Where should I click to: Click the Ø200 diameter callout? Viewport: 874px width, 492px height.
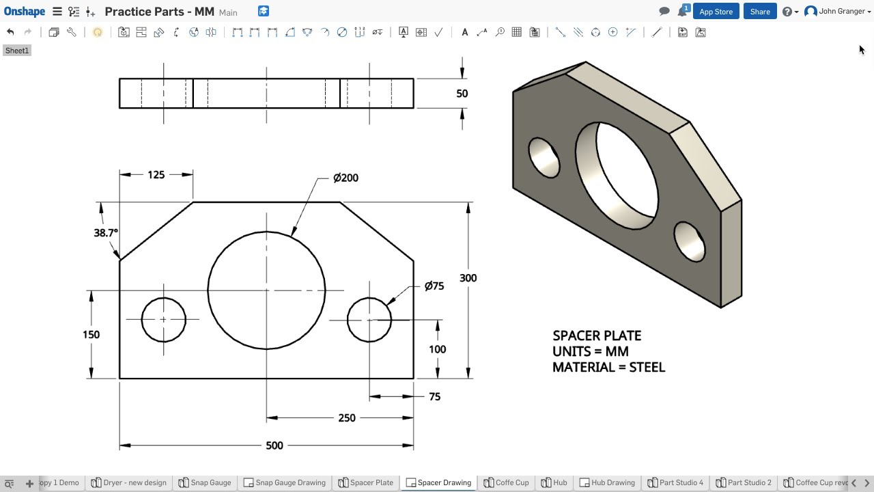346,178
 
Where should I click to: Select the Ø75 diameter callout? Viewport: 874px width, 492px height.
434,286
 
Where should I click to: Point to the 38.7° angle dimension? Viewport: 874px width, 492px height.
105,232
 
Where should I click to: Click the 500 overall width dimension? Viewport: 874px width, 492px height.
274,446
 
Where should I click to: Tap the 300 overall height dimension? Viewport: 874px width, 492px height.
468,278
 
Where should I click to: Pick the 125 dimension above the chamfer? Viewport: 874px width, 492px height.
156,175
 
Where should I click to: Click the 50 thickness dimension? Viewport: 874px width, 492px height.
462,94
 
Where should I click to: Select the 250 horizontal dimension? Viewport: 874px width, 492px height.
347,418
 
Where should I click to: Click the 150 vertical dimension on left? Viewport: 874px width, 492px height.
91,334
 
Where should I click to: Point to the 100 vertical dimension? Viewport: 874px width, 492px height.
437,349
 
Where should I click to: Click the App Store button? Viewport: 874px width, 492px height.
716,12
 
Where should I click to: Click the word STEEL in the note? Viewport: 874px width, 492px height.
647,368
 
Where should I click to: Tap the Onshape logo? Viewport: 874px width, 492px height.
25,12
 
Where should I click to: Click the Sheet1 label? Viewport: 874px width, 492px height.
17,51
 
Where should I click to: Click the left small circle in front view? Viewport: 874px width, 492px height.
164,319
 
